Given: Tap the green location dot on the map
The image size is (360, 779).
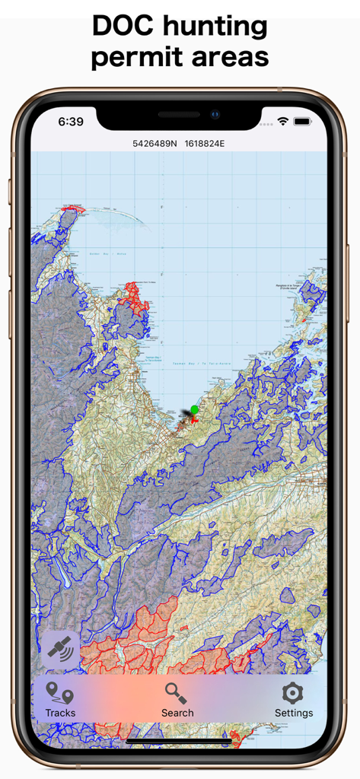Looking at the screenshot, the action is click(194, 410).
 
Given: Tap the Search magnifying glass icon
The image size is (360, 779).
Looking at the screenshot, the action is click(177, 692).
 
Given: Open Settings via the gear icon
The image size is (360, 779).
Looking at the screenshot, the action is click(292, 692).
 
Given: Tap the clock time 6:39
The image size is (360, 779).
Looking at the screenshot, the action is click(71, 121).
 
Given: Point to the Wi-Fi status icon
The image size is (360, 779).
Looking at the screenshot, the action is click(283, 121).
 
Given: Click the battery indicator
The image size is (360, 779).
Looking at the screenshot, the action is click(302, 121).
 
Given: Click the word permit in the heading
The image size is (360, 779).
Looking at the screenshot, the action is click(134, 58).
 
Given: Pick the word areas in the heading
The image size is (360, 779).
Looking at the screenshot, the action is click(228, 58).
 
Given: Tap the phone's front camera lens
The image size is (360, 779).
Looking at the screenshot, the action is click(215, 115).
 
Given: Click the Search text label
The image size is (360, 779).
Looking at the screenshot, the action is click(177, 713).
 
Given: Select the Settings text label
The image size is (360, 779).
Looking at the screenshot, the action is click(294, 713).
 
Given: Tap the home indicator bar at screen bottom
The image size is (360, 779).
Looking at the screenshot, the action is click(180, 739).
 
